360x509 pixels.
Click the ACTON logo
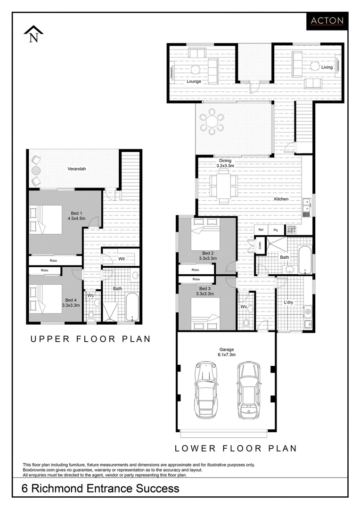coord(327,21)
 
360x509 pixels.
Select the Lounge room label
coord(194,81)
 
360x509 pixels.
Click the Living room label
coord(327,67)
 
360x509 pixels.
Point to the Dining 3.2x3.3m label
coord(225,163)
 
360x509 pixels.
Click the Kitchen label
coord(281,199)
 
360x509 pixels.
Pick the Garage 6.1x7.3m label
coord(226,352)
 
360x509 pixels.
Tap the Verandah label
coord(76,169)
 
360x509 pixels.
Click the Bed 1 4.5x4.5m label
coord(75,215)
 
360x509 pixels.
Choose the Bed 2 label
coord(208,255)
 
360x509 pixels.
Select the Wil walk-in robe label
coord(121,259)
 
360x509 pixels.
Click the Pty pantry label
coord(276,230)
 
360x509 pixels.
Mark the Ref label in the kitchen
coord(261,230)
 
